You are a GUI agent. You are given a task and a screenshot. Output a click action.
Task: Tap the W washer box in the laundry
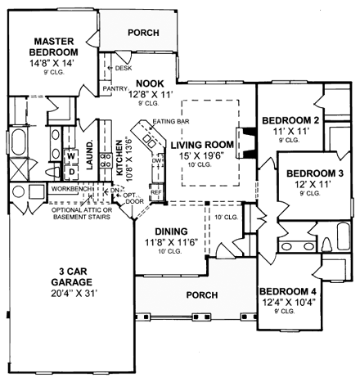click(x=70, y=154)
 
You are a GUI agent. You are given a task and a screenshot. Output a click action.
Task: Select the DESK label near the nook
click(x=124, y=69)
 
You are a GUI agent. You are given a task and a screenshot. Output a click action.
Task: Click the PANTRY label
click(x=113, y=88)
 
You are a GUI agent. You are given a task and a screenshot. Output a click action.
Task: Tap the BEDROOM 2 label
click(x=290, y=121)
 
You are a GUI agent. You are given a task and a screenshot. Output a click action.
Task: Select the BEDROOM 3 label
click(x=314, y=173)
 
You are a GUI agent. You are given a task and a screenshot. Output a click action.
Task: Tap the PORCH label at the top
click(x=143, y=33)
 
